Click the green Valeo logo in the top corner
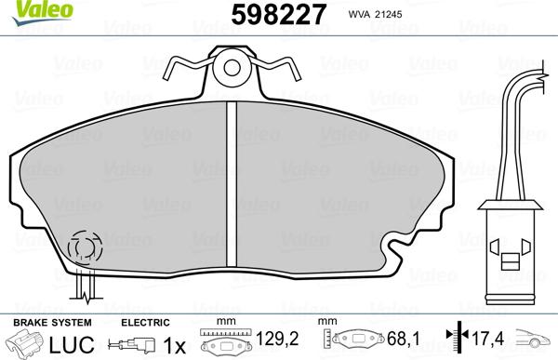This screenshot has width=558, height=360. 25,8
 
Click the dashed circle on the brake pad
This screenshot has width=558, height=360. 84,248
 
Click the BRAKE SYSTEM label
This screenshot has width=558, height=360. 40,321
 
